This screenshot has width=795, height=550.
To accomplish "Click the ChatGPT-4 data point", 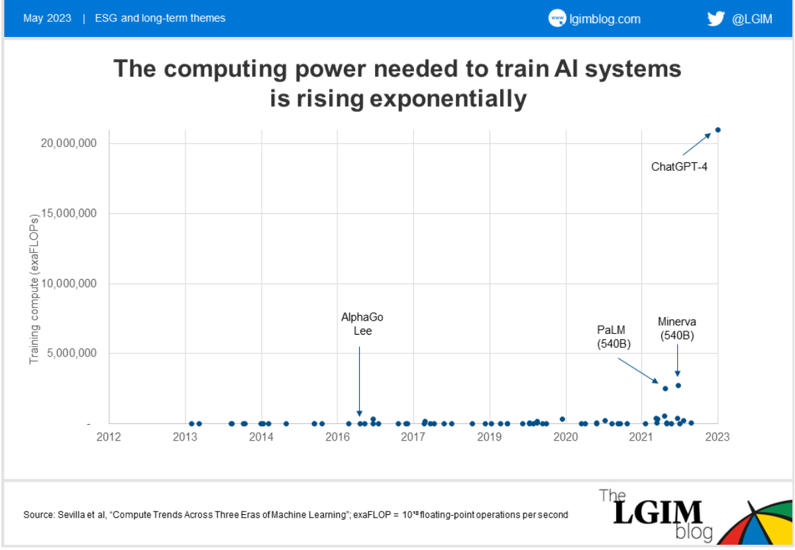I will click(717, 130).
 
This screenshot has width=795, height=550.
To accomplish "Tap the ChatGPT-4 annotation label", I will click(679, 166).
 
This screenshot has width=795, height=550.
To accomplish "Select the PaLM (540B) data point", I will click(665, 388).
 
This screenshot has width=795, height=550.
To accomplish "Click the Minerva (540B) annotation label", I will click(677, 329).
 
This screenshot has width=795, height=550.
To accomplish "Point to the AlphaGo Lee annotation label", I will click(362, 324).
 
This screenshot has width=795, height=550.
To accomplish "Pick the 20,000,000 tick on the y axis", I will click(69, 144).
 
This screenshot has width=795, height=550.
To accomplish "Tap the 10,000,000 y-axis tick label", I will click(69, 284).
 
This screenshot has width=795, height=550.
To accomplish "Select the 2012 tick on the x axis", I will click(109, 437).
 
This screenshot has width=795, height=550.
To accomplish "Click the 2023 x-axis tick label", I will click(717, 437).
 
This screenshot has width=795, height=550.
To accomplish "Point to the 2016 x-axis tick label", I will click(337, 437).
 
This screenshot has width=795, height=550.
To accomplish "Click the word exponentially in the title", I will click(448, 99).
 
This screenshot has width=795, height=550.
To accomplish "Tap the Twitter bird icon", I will click(715, 19).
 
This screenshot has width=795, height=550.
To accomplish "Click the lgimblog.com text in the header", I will click(605, 19).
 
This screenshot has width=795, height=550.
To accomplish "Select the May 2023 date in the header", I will click(48, 19).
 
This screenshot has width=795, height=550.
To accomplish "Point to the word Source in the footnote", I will click(37, 514).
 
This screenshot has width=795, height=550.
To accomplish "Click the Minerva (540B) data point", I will click(678, 385).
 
